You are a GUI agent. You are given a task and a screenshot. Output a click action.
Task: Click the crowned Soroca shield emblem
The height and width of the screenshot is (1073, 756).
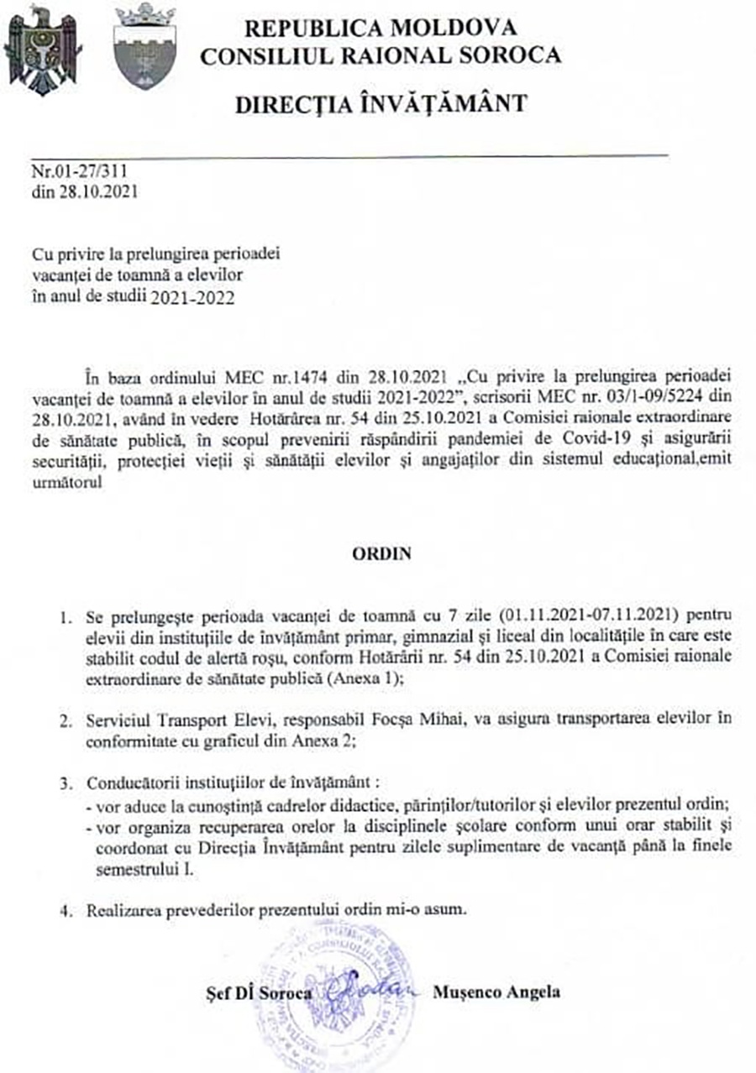pos(144,47)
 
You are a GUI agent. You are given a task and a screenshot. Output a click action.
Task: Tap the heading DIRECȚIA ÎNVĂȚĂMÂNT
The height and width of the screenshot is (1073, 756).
pos(381,104)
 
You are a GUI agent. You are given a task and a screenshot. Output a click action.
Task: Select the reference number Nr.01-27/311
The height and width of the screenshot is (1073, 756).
pos(80,171)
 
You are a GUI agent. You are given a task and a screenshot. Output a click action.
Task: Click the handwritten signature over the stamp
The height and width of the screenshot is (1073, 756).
pos(365,987)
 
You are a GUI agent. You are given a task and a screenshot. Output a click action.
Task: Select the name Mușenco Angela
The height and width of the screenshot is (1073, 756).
pos(496,992)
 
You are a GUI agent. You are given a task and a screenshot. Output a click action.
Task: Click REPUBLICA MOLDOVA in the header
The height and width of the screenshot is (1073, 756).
pos(381,28)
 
